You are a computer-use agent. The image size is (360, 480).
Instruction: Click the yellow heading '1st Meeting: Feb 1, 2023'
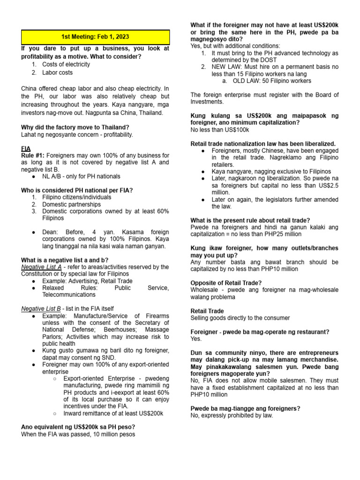(95, 37)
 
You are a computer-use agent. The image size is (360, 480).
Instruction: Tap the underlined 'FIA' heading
(27, 148)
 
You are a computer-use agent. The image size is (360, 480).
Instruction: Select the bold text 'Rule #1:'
(33, 155)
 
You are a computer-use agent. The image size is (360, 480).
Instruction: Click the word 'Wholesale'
(204, 290)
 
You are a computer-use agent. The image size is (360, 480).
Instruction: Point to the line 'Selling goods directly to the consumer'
(240, 318)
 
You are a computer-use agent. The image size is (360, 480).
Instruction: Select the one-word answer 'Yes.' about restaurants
(196, 338)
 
